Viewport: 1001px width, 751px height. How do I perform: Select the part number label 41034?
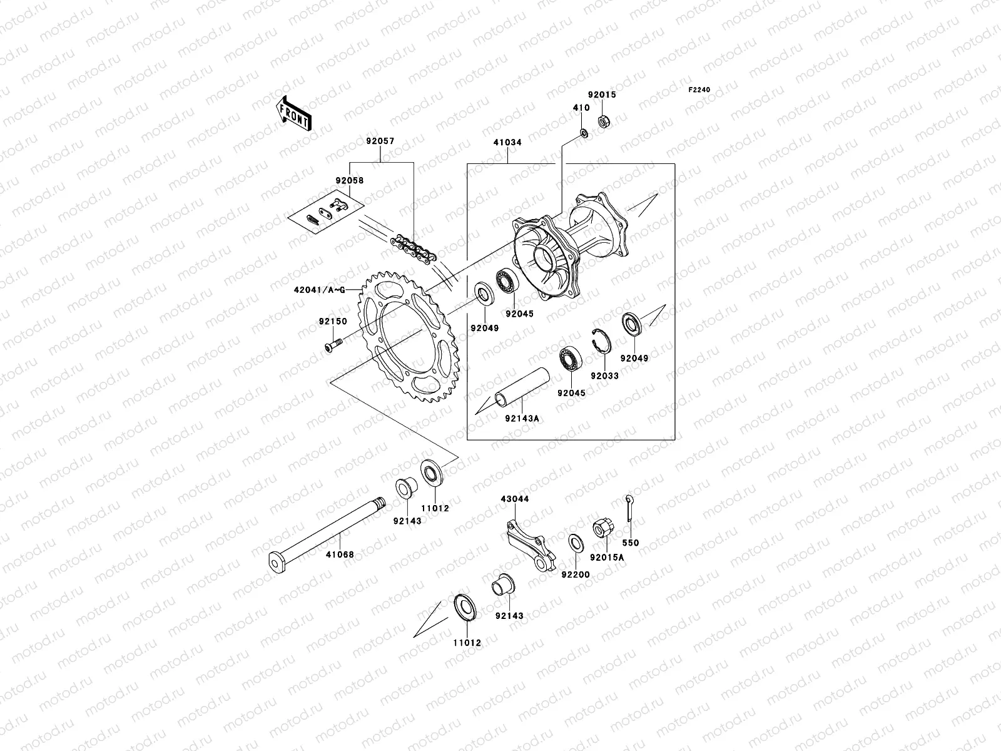507,143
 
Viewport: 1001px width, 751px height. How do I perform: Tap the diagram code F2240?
699,90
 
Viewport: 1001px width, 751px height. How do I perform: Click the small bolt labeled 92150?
333,344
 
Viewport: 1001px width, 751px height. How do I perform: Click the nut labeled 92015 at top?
604,118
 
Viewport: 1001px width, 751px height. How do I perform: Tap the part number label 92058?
349,181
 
